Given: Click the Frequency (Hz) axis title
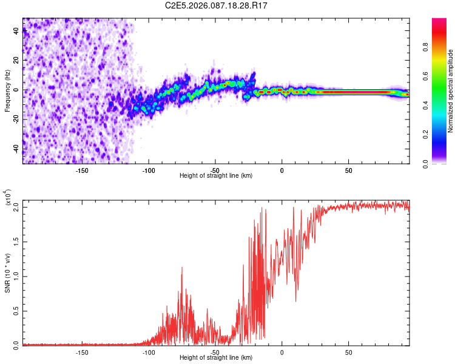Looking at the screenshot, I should pos(8,91).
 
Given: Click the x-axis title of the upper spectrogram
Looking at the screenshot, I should pos(216,175).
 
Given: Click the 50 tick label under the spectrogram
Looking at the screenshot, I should pos(348,170).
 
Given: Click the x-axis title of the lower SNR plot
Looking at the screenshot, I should pos(216,357).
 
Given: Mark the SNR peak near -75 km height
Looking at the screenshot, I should pos(181,267).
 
